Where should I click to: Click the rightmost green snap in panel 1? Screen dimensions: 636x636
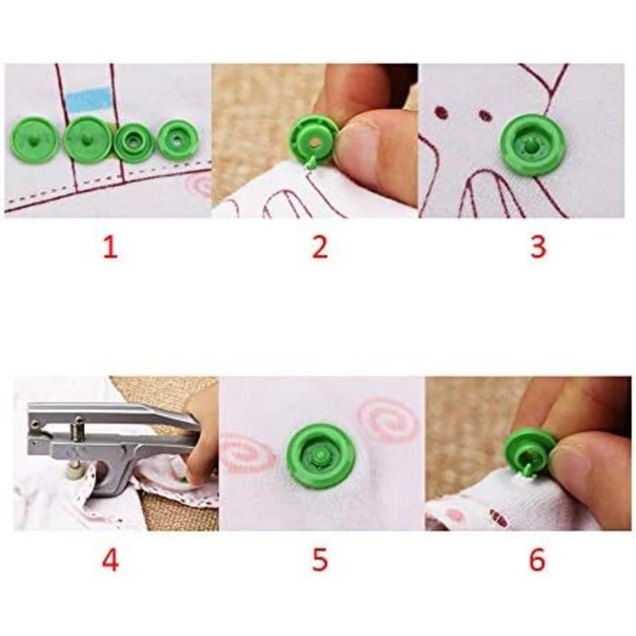point(178,139)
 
